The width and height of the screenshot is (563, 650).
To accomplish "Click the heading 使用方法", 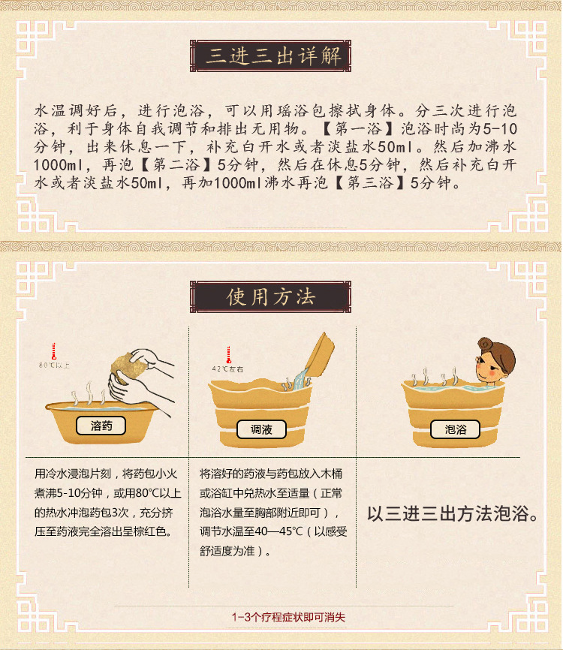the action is click(271, 296).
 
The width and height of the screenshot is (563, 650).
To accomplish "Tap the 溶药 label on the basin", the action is click(101, 426).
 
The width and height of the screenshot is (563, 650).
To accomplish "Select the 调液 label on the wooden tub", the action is click(261, 429).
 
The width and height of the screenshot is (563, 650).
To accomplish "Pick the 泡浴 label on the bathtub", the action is click(455, 429).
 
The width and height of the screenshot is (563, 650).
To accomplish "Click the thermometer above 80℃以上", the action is click(53, 351).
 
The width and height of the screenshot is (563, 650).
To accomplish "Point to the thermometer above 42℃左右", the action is click(228, 355).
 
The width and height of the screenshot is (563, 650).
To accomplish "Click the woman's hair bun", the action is click(484, 344).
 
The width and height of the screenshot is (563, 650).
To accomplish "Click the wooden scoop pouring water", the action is click(318, 354).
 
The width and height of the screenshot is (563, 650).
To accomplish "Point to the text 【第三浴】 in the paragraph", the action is click(369, 182).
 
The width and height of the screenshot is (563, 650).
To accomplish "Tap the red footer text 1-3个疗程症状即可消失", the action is click(288, 617).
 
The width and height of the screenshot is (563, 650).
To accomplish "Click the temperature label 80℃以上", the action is click(54, 366).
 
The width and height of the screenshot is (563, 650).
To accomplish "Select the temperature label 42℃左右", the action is click(227, 369).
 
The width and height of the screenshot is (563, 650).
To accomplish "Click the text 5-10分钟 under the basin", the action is click(79, 493).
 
